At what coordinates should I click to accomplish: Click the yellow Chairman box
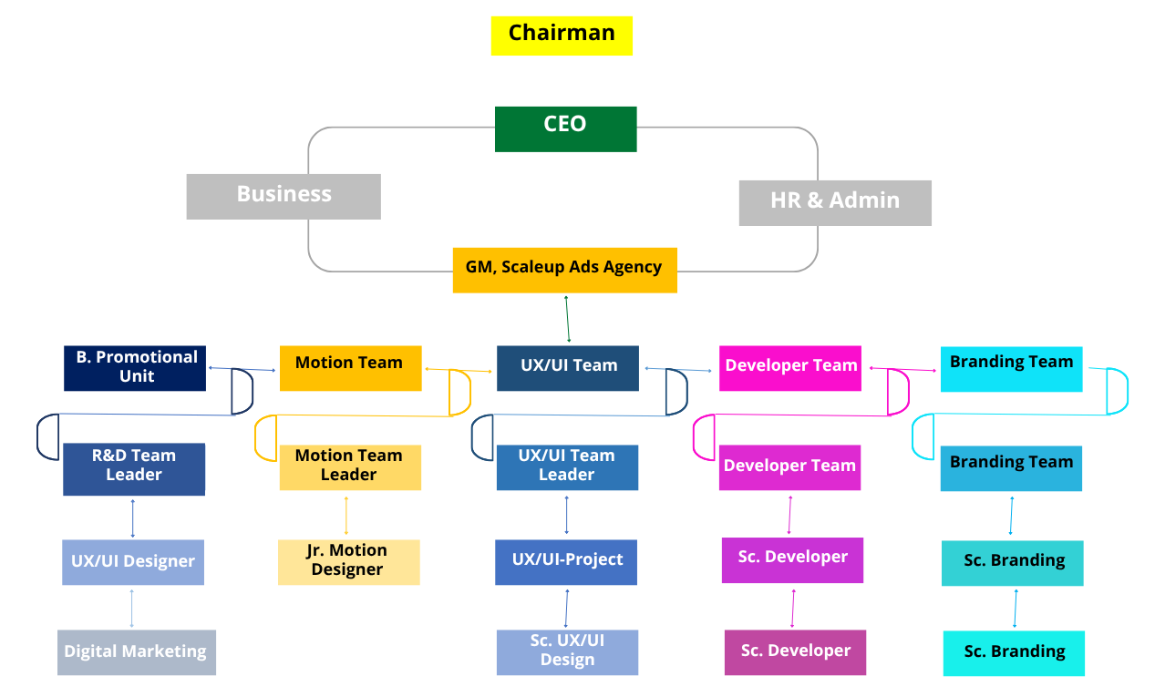coord(562,36)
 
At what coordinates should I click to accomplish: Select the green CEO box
coord(565,128)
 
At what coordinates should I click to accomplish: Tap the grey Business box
coord(284,196)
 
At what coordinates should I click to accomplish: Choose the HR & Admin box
coord(834,202)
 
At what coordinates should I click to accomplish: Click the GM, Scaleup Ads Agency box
coord(564,270)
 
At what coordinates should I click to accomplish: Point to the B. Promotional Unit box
coord(136,368)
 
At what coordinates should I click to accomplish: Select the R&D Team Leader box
coord(134,469)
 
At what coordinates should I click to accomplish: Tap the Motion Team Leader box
coord(350,467)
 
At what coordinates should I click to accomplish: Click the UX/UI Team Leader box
coord(567,467)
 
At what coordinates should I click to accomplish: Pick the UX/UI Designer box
coord(133,562)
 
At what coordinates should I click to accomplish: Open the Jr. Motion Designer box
coord(348,562)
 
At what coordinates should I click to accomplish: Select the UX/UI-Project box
coord(566,562)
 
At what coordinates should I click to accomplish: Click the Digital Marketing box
coord(137,652)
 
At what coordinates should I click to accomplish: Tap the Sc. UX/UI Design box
coord(567,652)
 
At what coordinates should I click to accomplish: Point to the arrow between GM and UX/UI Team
coord(567,319)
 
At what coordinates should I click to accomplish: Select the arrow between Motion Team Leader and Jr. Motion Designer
coord(345,516)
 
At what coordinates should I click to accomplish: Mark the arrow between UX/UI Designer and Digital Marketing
coord(132,608)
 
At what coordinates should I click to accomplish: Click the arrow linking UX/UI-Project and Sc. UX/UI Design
coord(567,608)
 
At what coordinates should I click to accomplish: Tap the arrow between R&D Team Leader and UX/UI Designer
coord(133,518)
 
